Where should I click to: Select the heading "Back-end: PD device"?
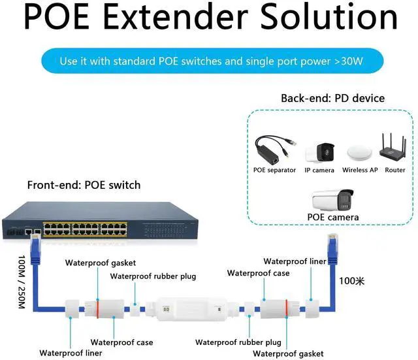pyautogui.click(x=332, y=99)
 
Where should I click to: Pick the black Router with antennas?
pyautogui.click(x=394, y=148)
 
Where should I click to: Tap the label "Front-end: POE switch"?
pyautogui.click(x=84, y=185)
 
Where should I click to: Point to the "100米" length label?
pyautogui.click(x=351, y=281)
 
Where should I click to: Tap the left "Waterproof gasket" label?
pyautogui.click(x=100, y=263)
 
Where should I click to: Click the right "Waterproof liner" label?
pyautogui.click(x=295, y=261)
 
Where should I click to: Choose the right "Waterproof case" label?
pyautogui.click(x=258, y=273)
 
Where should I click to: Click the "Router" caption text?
pyautogui.click(x=394, y=170)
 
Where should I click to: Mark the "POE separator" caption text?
pyautogui.click(x=275, y=170)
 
